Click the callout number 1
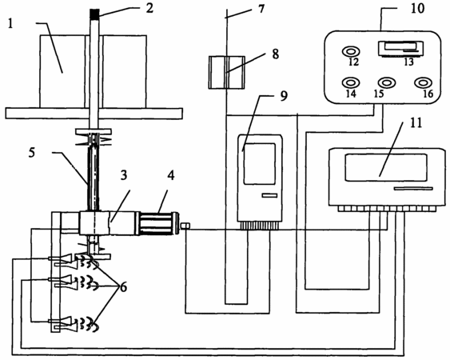pos(10,23)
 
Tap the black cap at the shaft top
pos(94,14)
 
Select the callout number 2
pos(149,8)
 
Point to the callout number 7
pos(261,9)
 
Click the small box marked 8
pos(226,73)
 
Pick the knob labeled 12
pos(351,52)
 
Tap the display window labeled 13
pos(401,48)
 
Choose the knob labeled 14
pos(351,82)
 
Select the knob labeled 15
pos(387,82)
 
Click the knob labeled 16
pos(424,82)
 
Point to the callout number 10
pos(417,8)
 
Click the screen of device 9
pos(260,164)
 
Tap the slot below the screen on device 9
pos(269,196)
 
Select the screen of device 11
pos(386,167)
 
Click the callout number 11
pos(416,123)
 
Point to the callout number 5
pos(31,153)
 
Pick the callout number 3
pos(124,174)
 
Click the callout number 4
pos(171,175)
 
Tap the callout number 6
pos(123,286)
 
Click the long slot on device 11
pos(413,189)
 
